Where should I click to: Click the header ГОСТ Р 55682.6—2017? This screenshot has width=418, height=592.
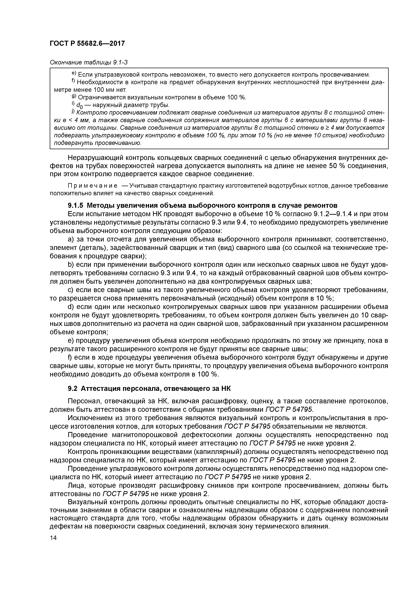point(87,43)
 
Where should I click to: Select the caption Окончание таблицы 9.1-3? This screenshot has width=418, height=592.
point(89,63)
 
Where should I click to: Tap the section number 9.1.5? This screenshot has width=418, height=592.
point(76,206)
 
